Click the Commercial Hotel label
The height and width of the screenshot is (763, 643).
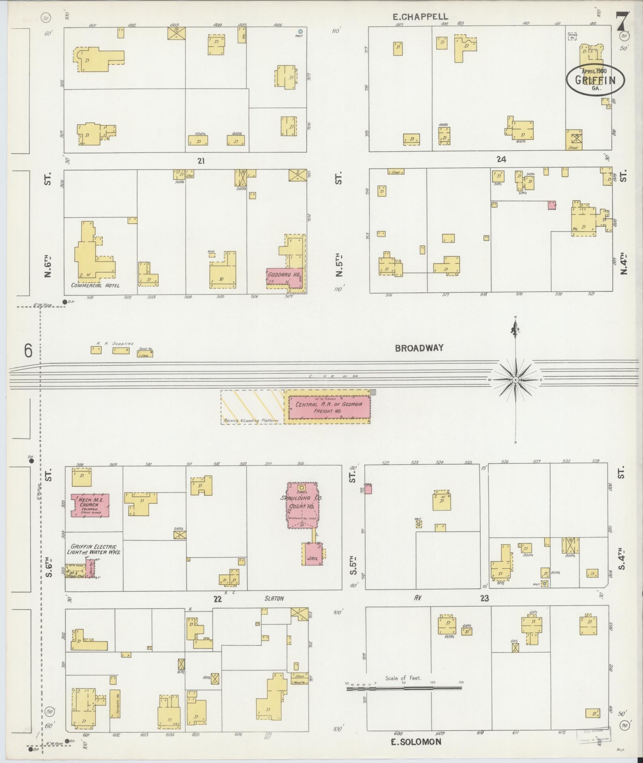95,285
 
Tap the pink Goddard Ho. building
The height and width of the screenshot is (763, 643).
284,277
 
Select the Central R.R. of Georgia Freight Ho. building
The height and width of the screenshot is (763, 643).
329,407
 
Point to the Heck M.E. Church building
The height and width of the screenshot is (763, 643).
90,505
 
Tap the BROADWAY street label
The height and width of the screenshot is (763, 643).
419,348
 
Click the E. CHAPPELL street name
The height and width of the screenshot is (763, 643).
420,17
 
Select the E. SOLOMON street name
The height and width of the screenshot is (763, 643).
416,742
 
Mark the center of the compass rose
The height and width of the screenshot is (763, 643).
515,380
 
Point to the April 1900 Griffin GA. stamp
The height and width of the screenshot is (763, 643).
595,79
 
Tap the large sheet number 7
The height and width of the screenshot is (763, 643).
622,22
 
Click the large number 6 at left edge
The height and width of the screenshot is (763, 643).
28,351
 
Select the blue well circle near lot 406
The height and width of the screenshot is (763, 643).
301,31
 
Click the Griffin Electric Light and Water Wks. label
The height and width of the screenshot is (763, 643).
93,549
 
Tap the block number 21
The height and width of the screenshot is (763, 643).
201,161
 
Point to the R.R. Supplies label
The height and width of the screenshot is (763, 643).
114,343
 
